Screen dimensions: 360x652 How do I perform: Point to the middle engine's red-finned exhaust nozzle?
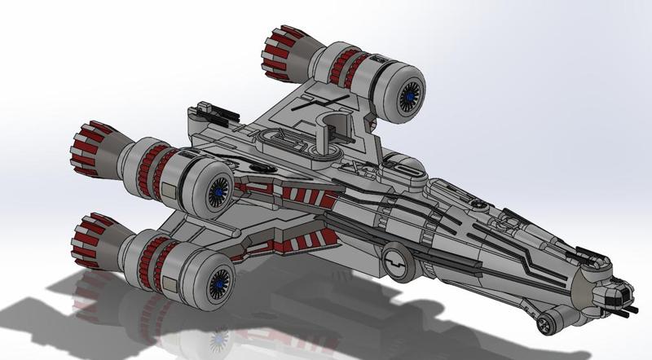(95, 148)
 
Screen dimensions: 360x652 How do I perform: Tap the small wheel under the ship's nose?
(544, 324)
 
